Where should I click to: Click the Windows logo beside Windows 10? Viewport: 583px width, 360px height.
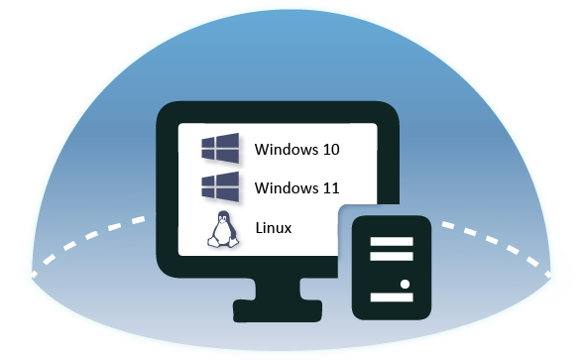click(x=219, y=149)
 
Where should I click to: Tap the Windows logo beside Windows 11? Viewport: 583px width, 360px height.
click(x=219, y=185)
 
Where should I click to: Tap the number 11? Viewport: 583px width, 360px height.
click(x=331, y=187)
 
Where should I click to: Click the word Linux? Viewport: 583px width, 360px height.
click(x=273, y=228)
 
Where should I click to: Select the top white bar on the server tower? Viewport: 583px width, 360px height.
click(x=386, y=239)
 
